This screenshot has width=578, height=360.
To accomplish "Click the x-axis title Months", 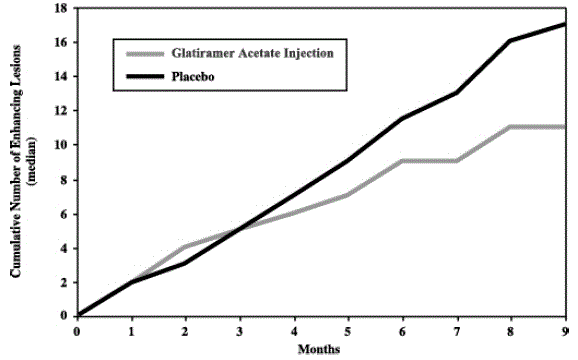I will click(321, 349).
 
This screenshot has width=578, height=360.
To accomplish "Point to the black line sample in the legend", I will click(142, 73).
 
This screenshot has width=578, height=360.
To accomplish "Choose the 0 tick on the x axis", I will click(78, 331).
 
